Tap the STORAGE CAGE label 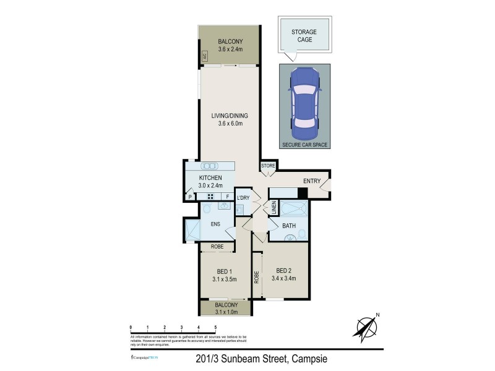pos(304,35)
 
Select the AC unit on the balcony pos(202,56)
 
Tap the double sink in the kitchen pos(210,166)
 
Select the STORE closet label pos(268,166)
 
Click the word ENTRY pos(311,181)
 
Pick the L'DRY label pos(243,197)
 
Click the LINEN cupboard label pos(272,209)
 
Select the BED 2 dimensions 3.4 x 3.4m pos(283,278)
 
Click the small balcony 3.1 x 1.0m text pos(226,312)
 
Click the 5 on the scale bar pos(215,326)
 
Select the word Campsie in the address pos(309,359)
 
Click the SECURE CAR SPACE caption pos(304,145)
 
